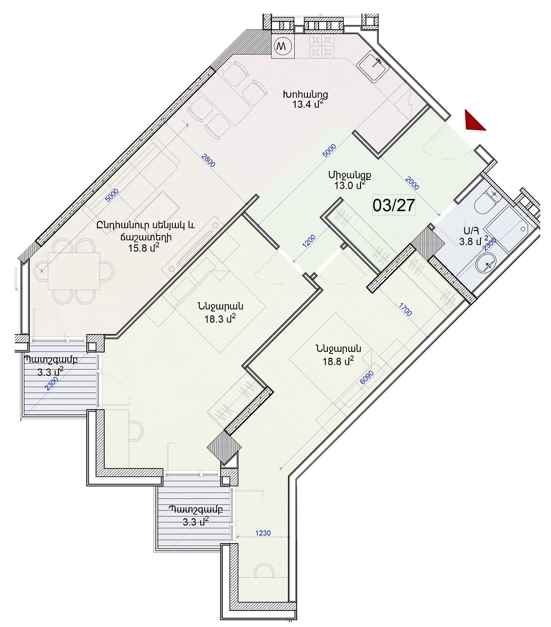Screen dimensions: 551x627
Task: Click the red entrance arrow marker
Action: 474,122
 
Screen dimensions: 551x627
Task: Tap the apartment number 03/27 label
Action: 394,205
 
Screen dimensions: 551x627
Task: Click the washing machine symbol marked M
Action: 283,46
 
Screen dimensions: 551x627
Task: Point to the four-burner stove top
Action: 322,46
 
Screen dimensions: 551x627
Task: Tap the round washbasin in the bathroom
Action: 486,263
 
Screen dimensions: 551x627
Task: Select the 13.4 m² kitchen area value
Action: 308,104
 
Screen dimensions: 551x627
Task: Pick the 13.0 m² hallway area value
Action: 350,185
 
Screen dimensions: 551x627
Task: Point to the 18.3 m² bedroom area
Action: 220,319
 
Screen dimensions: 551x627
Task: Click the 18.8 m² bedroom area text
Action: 338,361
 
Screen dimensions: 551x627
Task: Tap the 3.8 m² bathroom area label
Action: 474,241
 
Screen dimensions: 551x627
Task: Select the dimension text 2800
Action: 208,160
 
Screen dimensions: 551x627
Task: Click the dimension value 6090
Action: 367,377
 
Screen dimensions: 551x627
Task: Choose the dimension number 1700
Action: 405,310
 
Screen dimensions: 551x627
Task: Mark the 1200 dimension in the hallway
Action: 309,241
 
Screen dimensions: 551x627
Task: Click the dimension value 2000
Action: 412,183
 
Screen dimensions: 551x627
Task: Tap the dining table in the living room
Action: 74,271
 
